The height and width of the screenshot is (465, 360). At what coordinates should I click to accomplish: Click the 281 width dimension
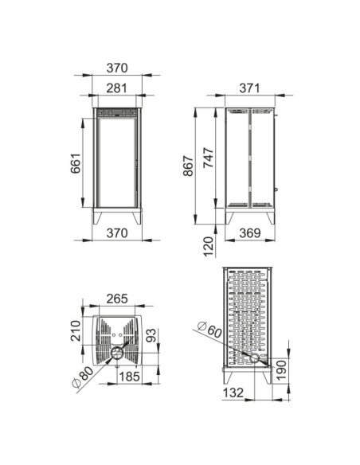tap(117, 88)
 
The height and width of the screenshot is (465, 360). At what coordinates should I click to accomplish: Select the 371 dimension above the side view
tap(249, 88)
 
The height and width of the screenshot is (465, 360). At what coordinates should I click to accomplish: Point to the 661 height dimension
tap(76, 163)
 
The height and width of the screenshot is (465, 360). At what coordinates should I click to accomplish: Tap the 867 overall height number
tap(189, 166)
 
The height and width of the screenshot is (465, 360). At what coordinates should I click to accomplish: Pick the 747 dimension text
tap(209, 158)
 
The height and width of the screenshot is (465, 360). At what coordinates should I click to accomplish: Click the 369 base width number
tap(250, 233)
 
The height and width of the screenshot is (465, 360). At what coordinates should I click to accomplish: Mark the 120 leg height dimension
tap(209, 247)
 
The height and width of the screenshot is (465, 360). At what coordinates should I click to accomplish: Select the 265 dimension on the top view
tap(117, 299)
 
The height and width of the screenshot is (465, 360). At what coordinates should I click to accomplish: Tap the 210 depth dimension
tap(76, 331)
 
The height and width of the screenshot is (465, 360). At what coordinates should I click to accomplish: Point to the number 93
tap(151, 335)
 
